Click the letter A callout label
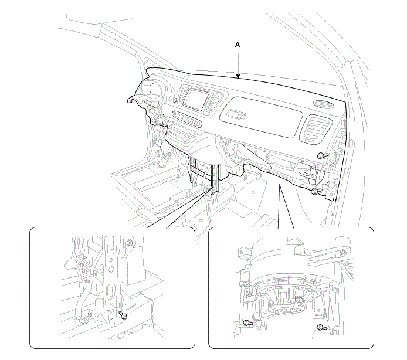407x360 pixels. pos(238,45)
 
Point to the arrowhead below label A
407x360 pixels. pos(238,76)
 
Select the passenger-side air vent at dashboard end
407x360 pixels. pos(316,130)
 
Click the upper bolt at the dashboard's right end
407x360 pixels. pos(323,156)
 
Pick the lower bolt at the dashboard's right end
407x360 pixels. pos(316,192)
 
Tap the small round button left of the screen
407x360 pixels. pos(175,100)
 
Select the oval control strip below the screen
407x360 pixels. pos(186,119)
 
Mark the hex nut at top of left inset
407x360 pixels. pos(130,242)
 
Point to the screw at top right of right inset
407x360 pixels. pos(344,252)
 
